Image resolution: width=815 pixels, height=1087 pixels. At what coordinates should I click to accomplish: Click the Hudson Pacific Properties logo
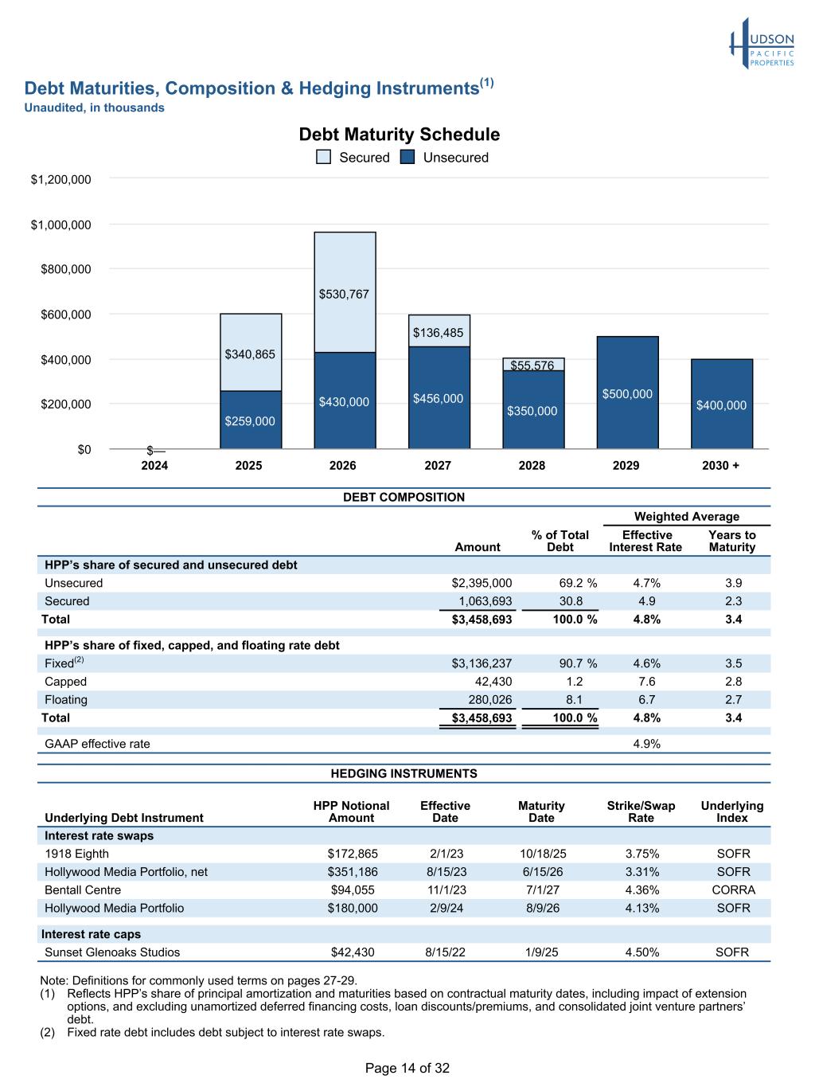(762, 44)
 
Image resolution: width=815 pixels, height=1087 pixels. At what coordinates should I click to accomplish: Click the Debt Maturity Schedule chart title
(399, 135)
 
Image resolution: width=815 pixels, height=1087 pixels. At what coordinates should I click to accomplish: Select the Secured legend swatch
(324, 157)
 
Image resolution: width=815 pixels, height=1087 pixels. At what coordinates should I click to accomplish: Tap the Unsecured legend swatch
(407, 157)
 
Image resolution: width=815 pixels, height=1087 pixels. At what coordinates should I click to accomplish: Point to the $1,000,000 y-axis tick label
(61, 225)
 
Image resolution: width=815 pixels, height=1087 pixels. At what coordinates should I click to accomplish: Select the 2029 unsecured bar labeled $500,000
(627, 393)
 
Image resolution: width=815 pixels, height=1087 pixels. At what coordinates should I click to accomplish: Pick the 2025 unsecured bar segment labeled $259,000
(251, 420)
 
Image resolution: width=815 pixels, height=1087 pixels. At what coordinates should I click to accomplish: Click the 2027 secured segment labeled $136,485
(439, 331)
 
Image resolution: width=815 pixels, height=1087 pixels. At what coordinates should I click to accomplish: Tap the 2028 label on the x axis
(532, 465)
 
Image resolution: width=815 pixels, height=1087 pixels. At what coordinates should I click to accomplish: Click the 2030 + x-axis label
(720, 465)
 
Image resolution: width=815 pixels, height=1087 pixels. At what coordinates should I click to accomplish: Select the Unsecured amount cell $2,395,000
(482, 583)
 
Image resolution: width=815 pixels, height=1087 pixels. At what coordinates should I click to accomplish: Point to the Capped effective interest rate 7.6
(646, 682)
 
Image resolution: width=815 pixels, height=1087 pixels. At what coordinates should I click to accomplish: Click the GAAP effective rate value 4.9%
(646, 744)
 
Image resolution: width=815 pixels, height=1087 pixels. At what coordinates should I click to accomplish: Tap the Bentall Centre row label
(83, 890)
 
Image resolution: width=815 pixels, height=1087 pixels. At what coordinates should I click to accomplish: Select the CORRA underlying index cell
(733, 890)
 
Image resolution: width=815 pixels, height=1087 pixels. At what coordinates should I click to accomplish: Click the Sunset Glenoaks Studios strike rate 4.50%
(641, 952)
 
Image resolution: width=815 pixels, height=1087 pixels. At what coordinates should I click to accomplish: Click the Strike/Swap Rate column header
(641, 811)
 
